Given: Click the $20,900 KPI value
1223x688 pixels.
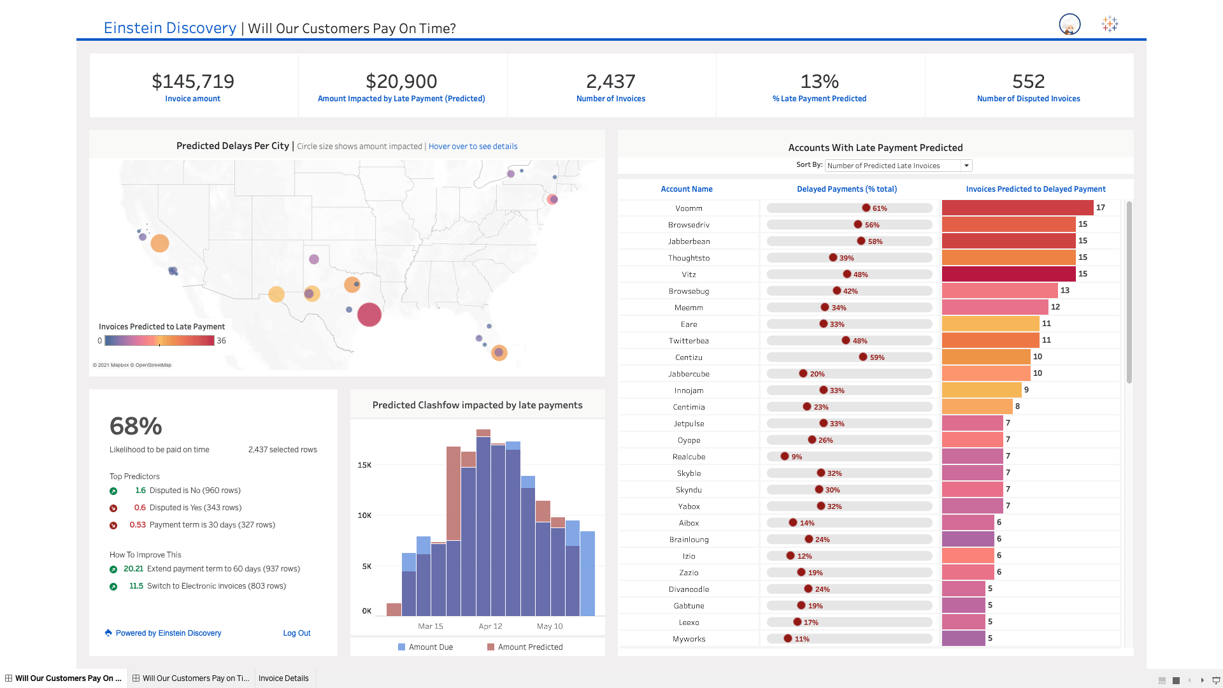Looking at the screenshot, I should [401, 82].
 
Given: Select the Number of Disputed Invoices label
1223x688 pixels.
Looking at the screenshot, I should [1028, 99].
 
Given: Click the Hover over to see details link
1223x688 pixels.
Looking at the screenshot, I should [473, 147].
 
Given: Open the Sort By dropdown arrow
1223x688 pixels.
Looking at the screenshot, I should [966, 166].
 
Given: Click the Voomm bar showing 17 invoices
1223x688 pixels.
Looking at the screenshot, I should [1017, 208].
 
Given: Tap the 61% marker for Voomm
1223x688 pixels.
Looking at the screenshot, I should [866, 208].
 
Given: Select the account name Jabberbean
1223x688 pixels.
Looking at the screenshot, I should [689, 241].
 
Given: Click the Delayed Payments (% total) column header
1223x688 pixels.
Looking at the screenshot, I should [847, 189].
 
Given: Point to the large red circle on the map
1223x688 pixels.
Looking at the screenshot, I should [369, 315].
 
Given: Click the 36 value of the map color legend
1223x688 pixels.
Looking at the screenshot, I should [221, 341].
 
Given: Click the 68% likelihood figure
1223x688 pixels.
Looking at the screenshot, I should [136, 426].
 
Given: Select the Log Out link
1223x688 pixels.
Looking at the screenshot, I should [296, 633].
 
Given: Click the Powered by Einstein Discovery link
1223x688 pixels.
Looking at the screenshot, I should [168, 633].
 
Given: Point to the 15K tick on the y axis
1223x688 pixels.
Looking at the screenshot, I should [364, 465].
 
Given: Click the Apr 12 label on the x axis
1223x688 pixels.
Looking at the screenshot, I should [490, 626].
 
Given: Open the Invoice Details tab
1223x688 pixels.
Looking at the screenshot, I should [283, 678].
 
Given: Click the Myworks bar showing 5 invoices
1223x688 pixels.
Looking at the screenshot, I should [963, 638].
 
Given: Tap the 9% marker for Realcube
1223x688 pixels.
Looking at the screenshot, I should [785, 456].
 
